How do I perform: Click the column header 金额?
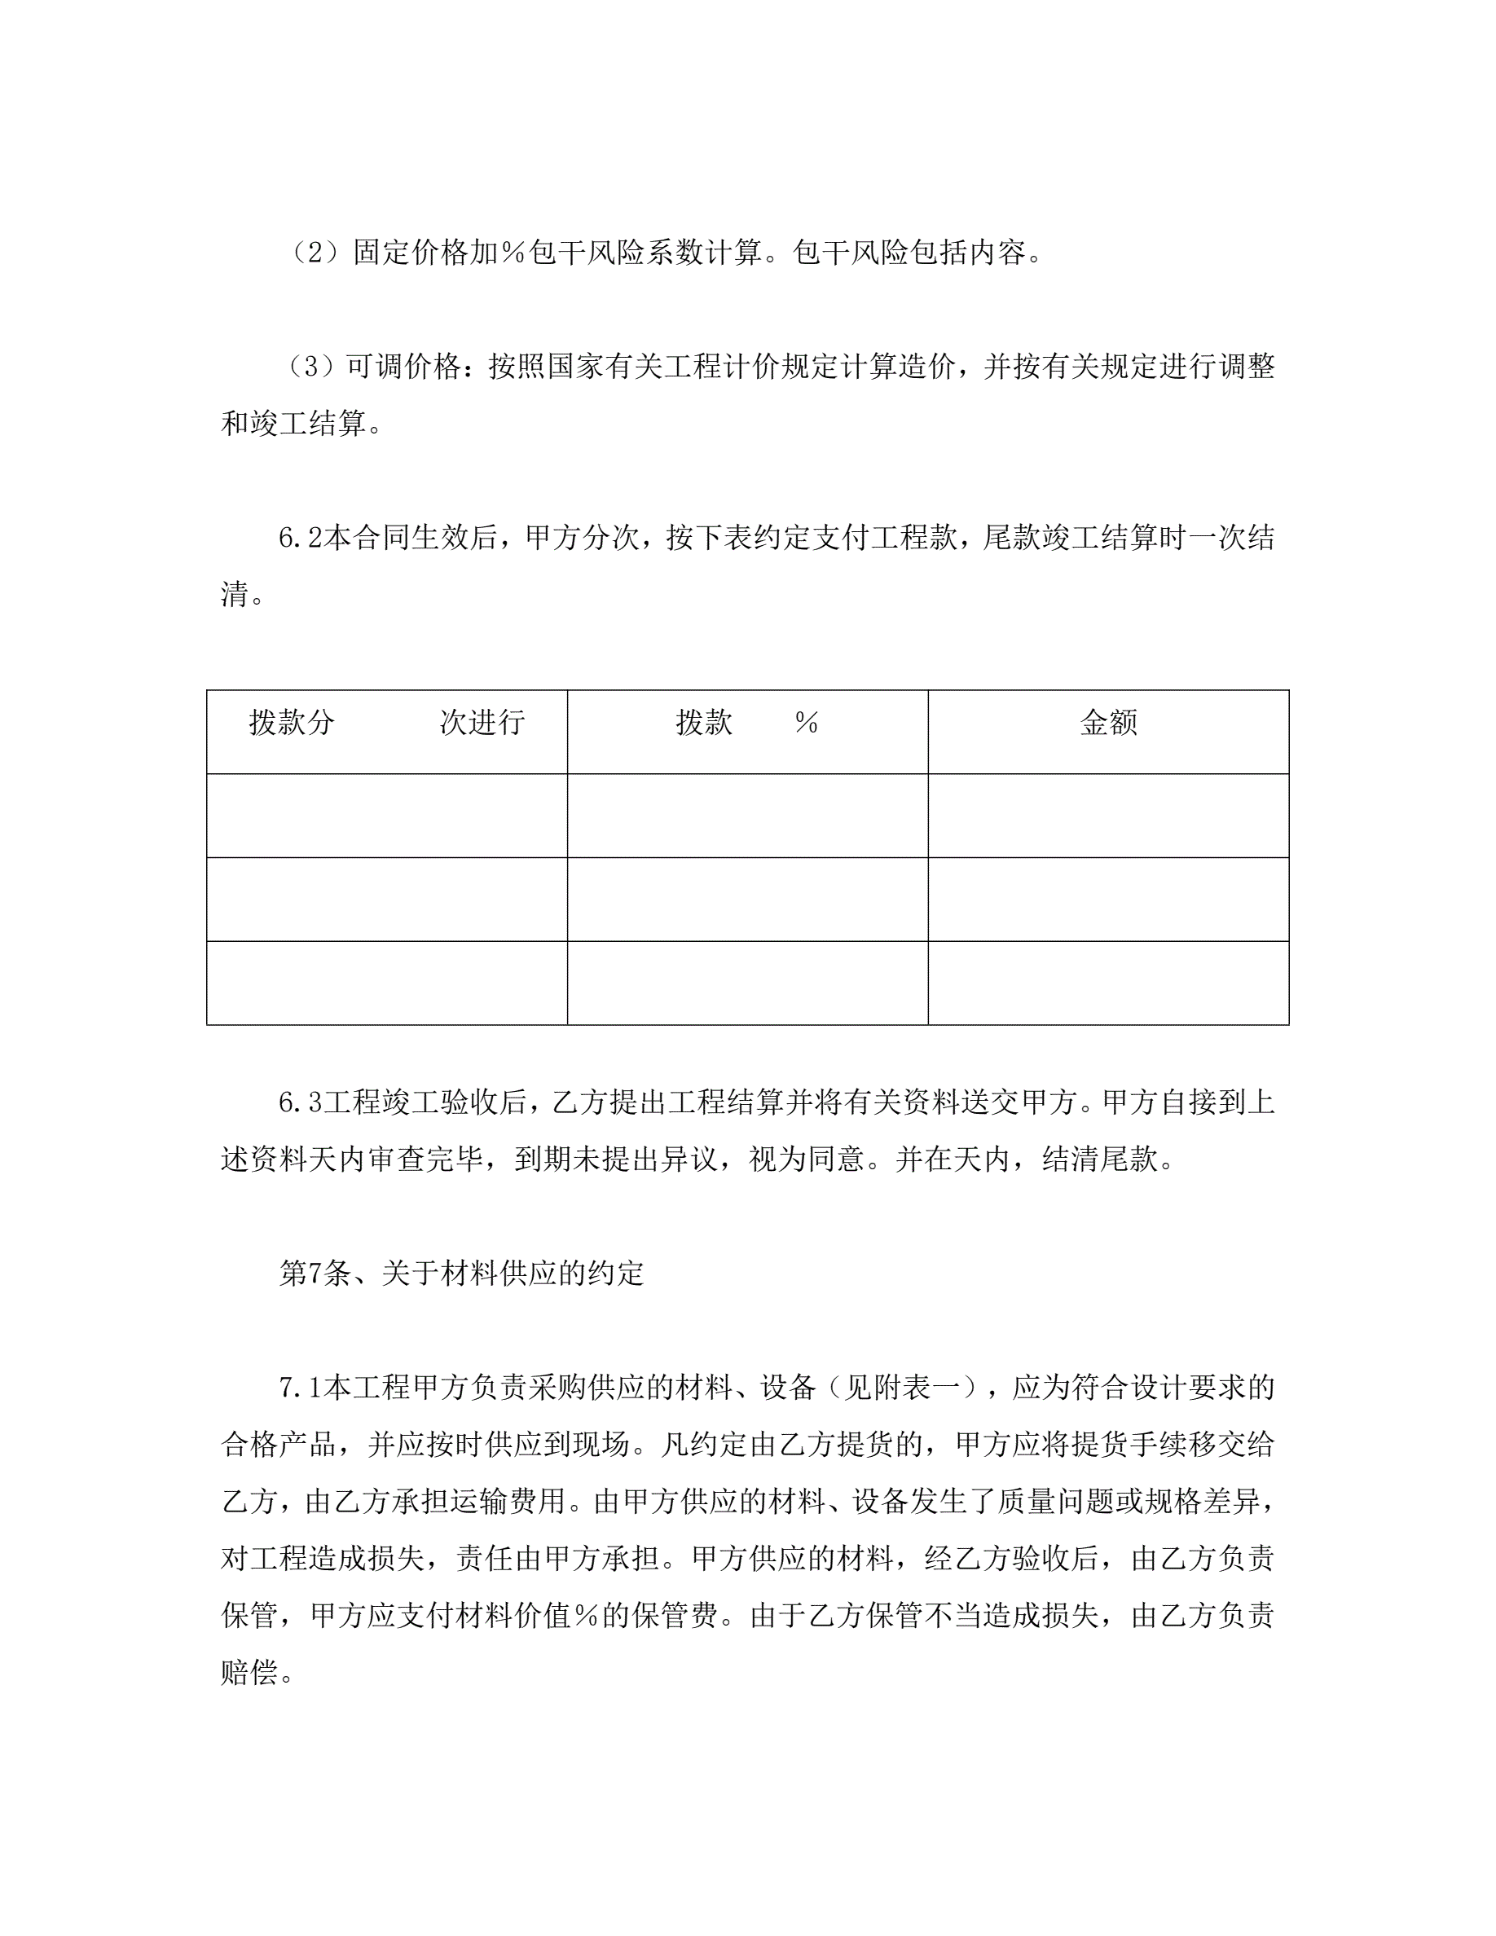click(x=1108, y=724)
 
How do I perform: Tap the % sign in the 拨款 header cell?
click(x=806, y=724)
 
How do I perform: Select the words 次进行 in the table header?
click(x=482, y=724)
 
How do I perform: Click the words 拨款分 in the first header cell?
click(x=292, y=724)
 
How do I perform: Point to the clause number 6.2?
click(x=300, y=538)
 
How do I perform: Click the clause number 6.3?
click(x=300, y=1102)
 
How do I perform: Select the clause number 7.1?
click(x=300, y=1388)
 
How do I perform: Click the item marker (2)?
click(x=316, y=253)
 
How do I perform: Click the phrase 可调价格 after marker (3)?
click(x=403, y=367)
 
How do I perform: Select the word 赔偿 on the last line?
click(x=249, y=1673)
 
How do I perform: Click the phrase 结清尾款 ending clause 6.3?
click(x=1099, y=1159)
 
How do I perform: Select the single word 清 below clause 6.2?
click(x=235, y=595)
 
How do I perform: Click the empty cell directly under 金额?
click(x=1108, y=816)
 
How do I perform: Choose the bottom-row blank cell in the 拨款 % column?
click(x=747, y=982)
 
